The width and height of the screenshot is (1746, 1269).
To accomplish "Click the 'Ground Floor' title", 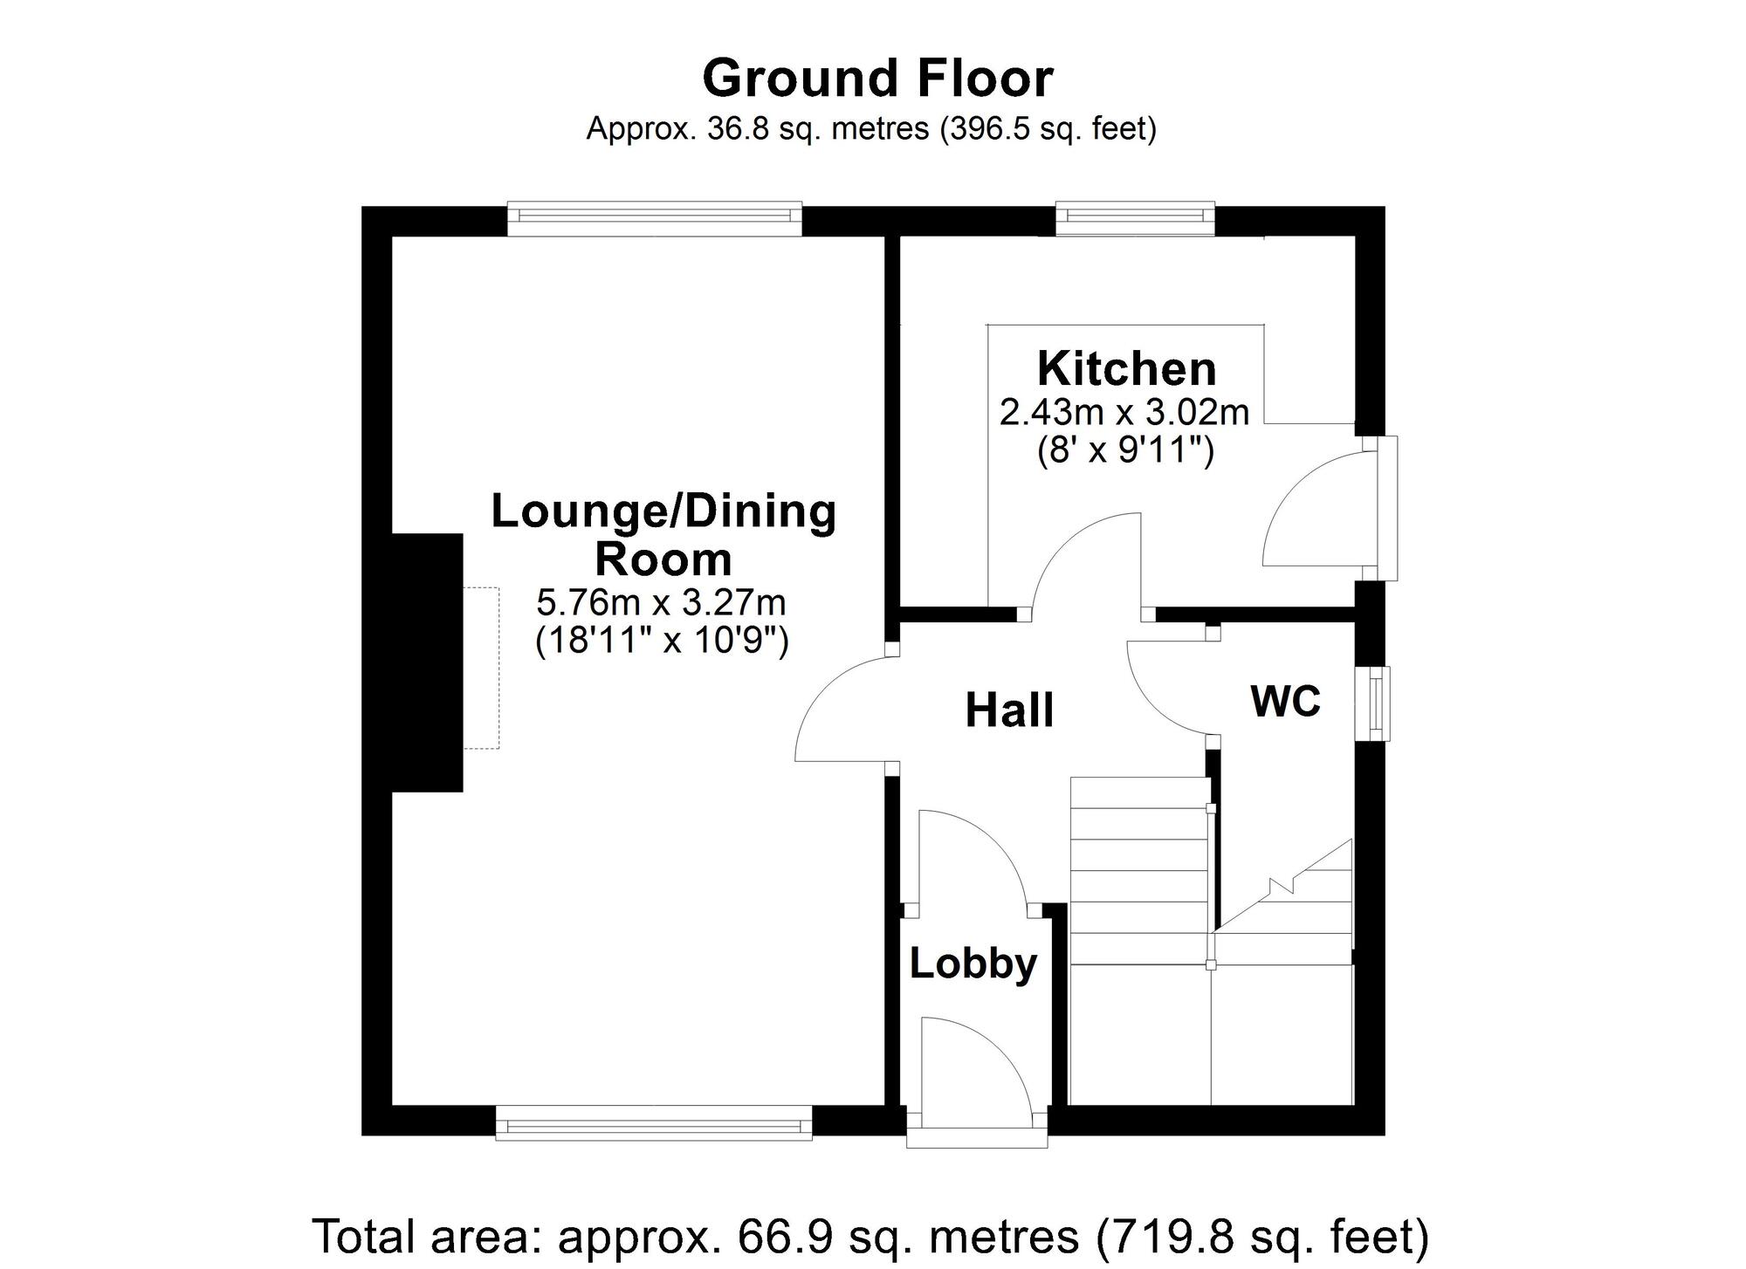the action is (877, 79).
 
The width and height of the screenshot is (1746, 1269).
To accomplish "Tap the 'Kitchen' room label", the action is (1126, 368).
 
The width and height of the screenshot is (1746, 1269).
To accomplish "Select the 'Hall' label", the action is (1009, 710).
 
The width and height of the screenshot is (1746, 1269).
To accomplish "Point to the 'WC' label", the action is (1285, 701).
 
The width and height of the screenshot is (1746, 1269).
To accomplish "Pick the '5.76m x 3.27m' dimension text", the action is (661, 602).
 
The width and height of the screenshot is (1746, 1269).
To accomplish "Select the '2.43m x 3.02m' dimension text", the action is (1124, 412).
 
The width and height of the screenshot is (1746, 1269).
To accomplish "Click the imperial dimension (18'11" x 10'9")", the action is (662, 641).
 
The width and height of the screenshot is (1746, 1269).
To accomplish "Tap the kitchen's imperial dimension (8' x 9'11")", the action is (1125, 451).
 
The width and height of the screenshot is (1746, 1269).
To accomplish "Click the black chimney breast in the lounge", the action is (427, 662).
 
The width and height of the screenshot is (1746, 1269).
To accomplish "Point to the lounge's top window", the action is (655, 219).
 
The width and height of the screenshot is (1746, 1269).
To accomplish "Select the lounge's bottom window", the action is (654, 1122).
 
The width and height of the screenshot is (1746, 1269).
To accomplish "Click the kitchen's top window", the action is (1135, 218).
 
